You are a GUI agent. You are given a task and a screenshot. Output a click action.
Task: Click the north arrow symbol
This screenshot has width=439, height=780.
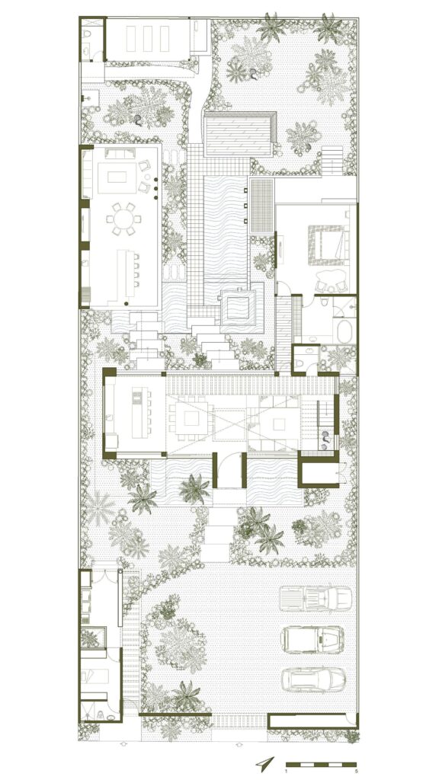(x=264, y=762)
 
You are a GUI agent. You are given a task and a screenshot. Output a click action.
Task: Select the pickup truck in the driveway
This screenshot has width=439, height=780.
(x=316, y=599)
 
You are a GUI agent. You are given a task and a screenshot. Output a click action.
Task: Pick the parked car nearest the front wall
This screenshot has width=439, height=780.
(x=313, y=679)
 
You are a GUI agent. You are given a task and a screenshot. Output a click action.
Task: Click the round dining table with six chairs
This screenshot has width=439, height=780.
(x=123, y=219)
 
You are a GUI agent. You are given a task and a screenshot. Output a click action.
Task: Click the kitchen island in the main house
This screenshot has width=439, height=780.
(x=140, y=416)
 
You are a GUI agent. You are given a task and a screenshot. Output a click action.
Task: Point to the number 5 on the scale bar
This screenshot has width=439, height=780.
(x=356, y=772)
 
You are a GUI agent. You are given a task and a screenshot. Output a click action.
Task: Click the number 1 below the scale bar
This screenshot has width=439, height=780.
(x=287, y=772)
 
